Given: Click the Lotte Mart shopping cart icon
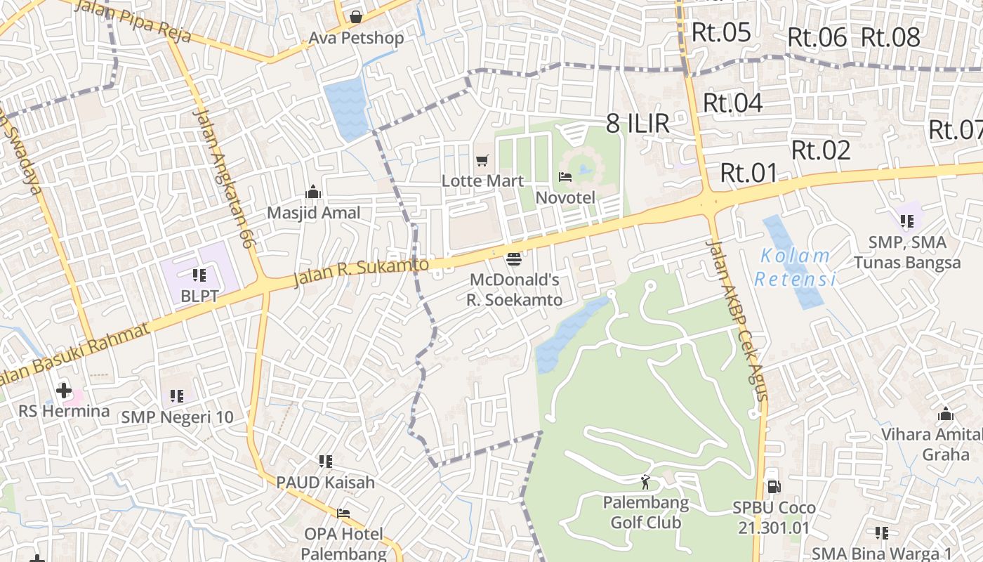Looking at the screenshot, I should pos(482,161).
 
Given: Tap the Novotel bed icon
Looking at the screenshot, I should pos(565,177).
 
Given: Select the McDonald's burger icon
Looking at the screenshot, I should pos(514,259).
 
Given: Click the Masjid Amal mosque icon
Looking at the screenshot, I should pos(313,192).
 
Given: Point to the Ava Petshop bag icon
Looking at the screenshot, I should pos(356,16).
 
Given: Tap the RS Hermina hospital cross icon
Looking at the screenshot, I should pos(64,390).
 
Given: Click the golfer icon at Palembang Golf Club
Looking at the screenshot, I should pos(645,482).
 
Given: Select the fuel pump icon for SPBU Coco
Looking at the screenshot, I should pos(774,486).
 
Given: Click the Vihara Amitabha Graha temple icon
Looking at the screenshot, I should pos(946,414).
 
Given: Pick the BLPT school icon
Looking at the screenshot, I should pos(199,275).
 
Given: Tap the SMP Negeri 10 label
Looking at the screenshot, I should pos(177,417).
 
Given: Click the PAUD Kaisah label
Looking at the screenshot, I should pos(325,483).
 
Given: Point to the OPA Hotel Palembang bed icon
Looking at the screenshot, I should pos(343,513).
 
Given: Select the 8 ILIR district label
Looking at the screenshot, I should pos(638,124).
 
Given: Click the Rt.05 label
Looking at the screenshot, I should pos(721,32).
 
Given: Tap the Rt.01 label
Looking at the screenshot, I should pos(750,173).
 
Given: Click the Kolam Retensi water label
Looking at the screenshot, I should pos(796,268).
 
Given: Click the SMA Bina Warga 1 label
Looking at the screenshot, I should pos(882,554).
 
